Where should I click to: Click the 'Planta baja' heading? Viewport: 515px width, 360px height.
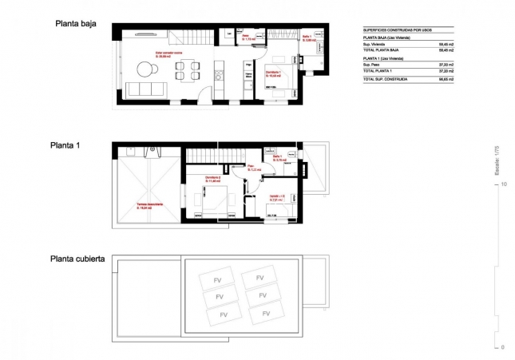point(76,24)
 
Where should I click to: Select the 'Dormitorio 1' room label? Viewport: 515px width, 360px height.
point(277,72)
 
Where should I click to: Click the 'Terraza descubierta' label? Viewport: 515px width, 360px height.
point(149,205)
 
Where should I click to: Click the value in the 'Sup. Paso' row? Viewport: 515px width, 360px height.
point(446,65)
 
